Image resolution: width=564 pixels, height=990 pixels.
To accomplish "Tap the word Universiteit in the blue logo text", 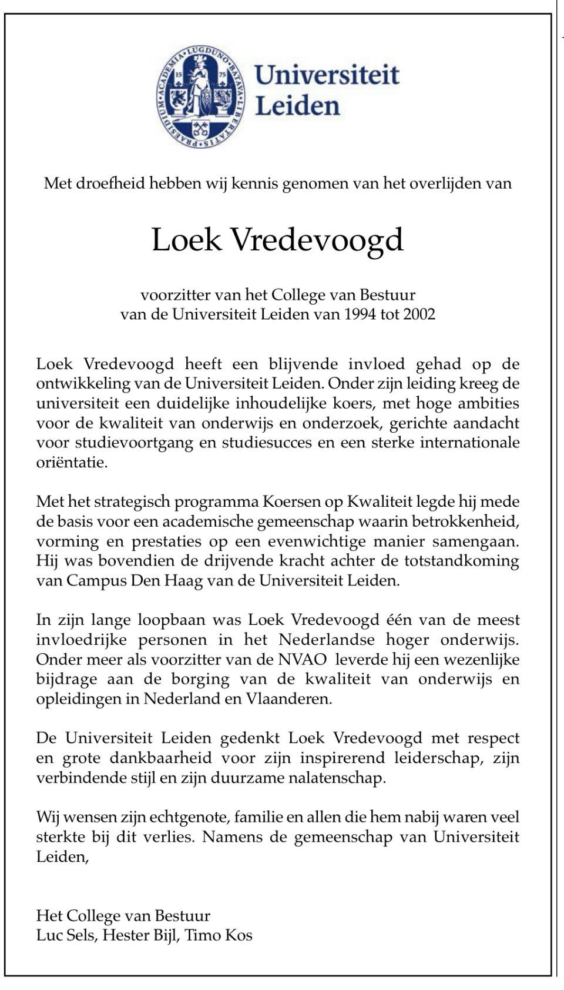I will point(327,75).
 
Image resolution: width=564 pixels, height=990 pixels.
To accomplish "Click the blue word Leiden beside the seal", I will point(298,106).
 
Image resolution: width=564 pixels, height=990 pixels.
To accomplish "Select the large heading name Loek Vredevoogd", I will point(277,240).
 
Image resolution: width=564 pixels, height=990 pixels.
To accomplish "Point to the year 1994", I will point(360,314).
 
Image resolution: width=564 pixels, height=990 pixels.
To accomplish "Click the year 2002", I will point(419,314).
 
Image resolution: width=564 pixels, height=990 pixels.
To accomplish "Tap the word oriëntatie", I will point(72,462).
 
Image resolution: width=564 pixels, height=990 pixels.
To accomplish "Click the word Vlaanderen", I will point(290,699).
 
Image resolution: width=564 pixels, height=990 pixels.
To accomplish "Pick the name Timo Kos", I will point(219,935).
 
